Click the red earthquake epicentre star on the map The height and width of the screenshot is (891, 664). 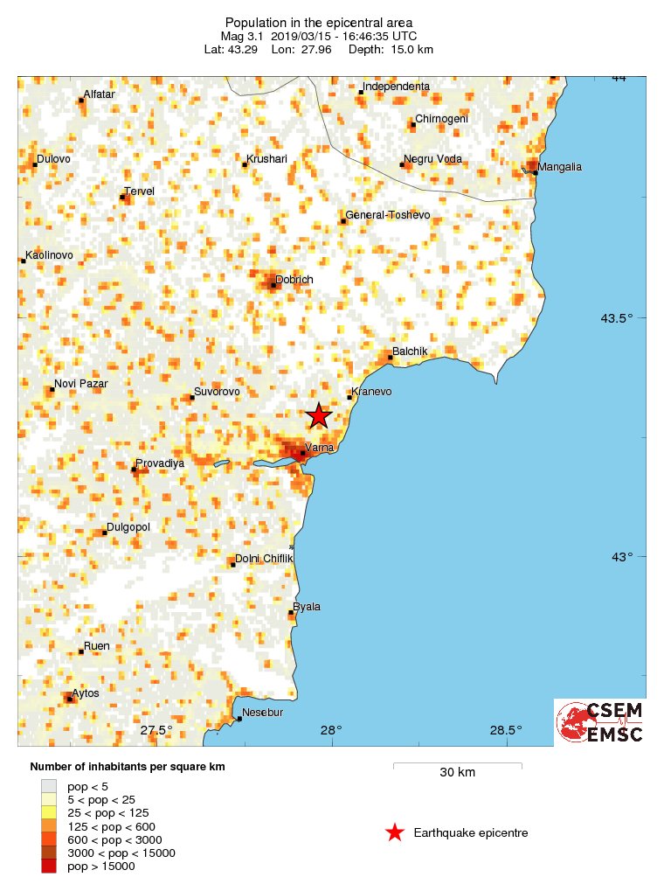click(x=319, y=416)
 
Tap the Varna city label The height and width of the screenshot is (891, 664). click(x=320, y=448)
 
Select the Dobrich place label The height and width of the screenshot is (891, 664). click(x=294, y=280)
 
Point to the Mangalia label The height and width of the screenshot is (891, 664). click(x=560, y=166)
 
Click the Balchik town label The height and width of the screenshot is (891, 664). click(x=410, y=352)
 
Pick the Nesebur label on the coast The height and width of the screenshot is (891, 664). click(x=263, y=713)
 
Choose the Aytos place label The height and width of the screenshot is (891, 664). click(x=86, y=693)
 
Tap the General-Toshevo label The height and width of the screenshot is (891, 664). click(x=384, y=215)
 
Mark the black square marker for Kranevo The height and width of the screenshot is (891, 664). click(x=349, y=398)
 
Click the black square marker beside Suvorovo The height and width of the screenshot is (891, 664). click(x=192, y=398)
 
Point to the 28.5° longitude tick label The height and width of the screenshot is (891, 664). click(x=505, y=730)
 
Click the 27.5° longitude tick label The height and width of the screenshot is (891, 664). click(x=157, y=730)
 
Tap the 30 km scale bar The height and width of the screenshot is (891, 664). click(x=457, y=767)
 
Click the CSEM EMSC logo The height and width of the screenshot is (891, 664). click(x=600, y=722)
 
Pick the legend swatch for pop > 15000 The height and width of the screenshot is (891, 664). click(x=49, y=866)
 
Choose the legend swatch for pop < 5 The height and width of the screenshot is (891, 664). click(x=49, y=786)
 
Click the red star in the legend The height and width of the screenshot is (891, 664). click(x=395, y=833)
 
